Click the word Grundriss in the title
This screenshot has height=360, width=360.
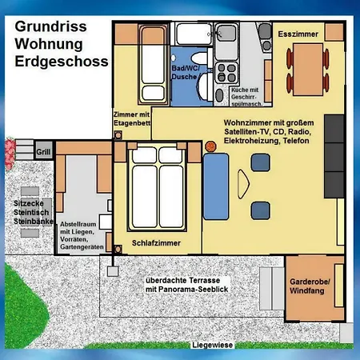(x=50, y=26)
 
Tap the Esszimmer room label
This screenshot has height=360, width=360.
(x=298, y=34)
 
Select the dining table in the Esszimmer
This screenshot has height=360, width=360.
(x=308, y=70)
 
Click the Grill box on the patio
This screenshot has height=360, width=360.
(x=43, y=151)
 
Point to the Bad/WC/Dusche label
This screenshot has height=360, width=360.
(x=185, y=73)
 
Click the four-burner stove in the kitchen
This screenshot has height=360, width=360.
(x=226, y=73)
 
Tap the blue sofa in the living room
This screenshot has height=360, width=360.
(x=216, y=186)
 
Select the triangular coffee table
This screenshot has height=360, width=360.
(x=243, y=184)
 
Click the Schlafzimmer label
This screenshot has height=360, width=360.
(x=156, y=243)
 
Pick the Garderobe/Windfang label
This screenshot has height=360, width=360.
(x=310, y=286)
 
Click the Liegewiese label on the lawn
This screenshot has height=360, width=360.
(x=212, y=345)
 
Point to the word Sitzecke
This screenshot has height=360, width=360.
(x=29, y=203)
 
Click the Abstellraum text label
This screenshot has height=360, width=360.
(x=78, y=224)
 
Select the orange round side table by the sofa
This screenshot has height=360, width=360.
(x=210, y=146)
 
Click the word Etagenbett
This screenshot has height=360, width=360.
(x=132, y=123)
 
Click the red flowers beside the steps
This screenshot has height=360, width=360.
(x=10, y=154)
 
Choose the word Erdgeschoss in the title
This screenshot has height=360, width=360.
(x=62, y=62)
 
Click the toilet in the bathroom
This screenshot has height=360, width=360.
(x=201, y=58)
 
